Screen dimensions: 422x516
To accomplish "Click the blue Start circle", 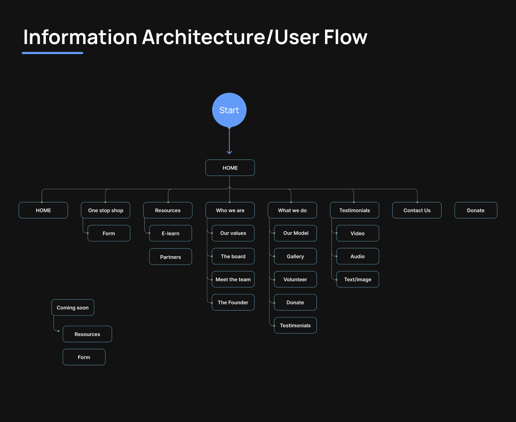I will click(229, 110).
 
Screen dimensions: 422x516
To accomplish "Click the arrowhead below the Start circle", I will click(229, 152).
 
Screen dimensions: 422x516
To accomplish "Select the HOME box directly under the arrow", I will click(230, 168).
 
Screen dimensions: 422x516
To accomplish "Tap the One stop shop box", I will click(106, 210).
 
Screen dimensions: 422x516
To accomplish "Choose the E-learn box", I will click(171, 233).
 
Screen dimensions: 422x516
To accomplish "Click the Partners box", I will click(171, 257).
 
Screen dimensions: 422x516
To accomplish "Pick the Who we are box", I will click(230, 210).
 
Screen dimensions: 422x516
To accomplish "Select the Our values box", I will click(233, 233).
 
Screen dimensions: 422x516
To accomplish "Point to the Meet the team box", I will click(233, 279).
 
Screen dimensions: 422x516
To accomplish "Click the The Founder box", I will click(233, 302).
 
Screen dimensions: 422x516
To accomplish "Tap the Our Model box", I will click(296, 233).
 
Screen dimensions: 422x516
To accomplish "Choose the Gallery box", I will click(296, 256).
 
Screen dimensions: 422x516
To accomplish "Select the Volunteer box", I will click(296, 279).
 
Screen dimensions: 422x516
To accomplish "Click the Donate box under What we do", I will click(296, 302).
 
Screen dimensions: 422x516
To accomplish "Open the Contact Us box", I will click(417, 210).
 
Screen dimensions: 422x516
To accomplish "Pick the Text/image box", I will click(358, 279).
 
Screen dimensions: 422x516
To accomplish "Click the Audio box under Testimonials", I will click(358, 256).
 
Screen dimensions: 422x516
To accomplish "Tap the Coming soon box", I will click(73, 308).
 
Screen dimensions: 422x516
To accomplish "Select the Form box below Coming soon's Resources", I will click(84, 357).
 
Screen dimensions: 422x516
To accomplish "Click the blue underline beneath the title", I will click(53, 53).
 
